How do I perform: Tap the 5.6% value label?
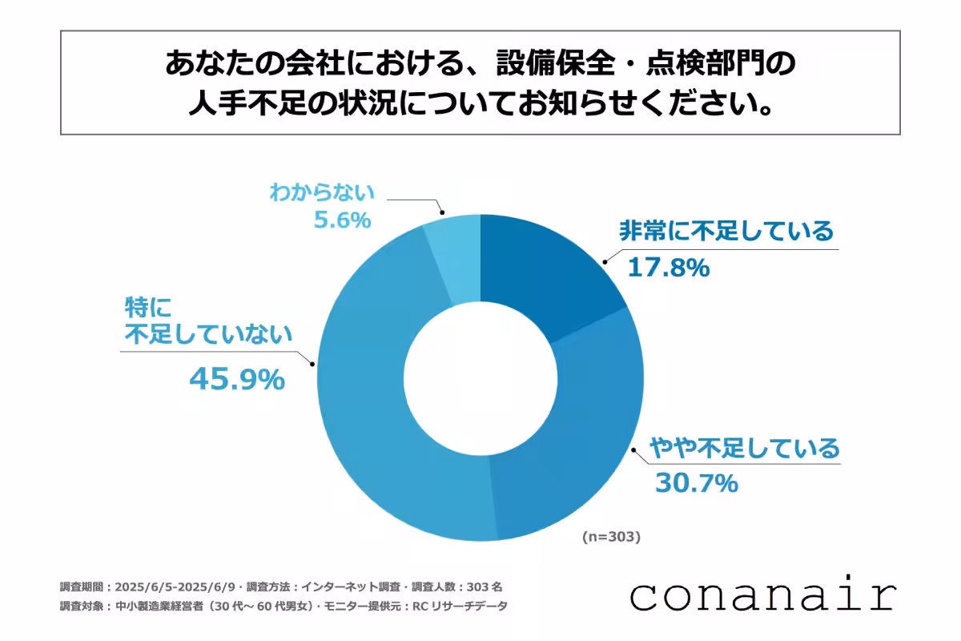(342, 220)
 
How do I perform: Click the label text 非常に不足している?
(726, 232)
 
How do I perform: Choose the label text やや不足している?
(745, 446)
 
